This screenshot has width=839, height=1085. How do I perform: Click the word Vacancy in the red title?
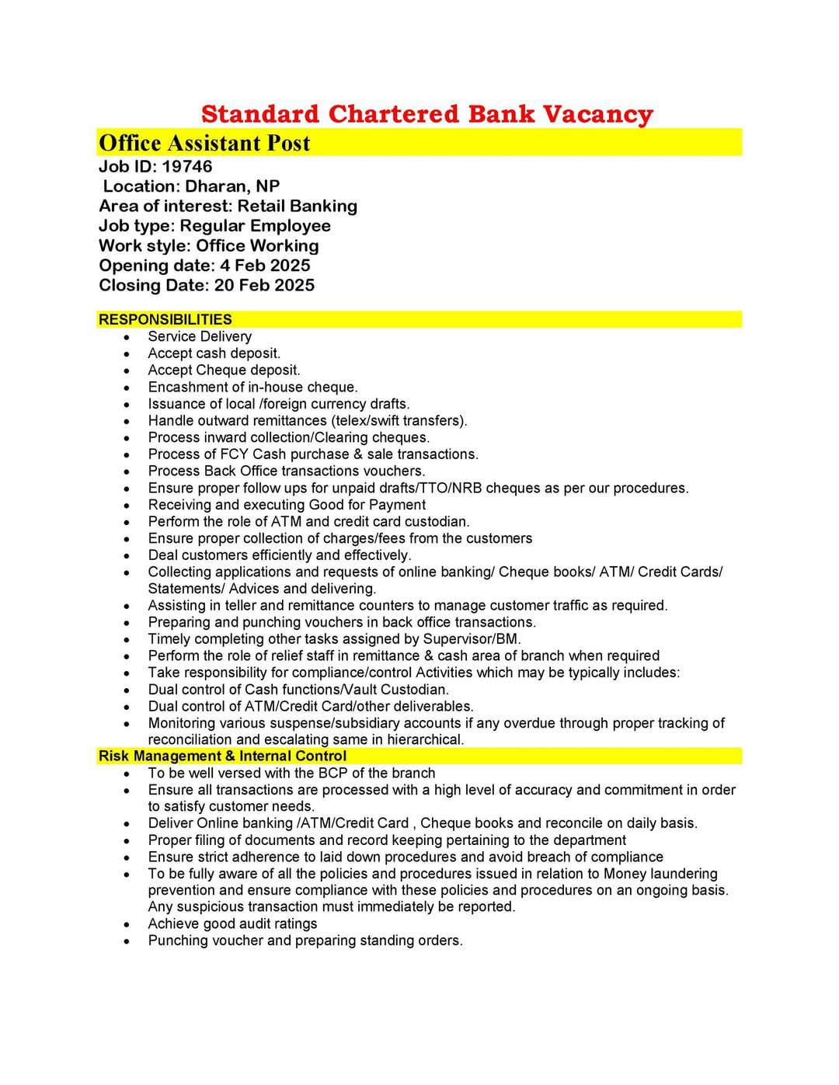(x=597, y=114)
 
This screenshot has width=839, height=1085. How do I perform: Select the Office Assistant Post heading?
(x=204, y=143)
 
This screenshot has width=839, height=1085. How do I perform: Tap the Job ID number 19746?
(x=186, y=166)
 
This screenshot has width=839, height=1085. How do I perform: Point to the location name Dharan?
(x=214, y=186)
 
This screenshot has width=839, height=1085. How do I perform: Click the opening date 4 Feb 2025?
(x=265, y=266)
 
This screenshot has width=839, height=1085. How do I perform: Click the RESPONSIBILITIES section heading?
(x=165, y=319)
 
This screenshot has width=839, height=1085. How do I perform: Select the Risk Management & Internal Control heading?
(x=222, y=756)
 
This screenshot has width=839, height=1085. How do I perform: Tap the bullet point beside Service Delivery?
(x=126, y=337)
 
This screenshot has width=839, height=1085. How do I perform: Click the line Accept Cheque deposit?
(x=224, y=370)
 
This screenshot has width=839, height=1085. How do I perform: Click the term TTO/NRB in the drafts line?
(x=478, y=488)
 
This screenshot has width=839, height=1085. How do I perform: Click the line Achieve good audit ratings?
(x=232, y=923)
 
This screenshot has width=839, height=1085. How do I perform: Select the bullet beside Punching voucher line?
(x=126, y=941)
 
